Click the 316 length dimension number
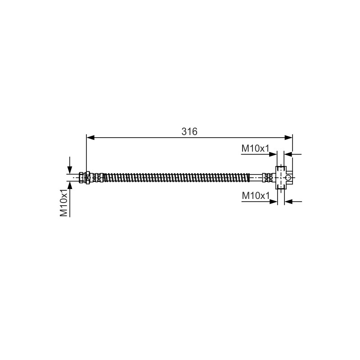pos(189,131)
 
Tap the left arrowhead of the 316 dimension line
pos(90,138)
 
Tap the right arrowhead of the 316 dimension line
pos(288,138)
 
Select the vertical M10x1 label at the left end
pos(64,203)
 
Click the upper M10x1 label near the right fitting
pos(255,148)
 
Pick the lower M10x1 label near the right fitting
pos(256,196)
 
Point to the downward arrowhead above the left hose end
pos(70,170)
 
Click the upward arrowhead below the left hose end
pos(70,185)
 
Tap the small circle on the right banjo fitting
pos(288,178)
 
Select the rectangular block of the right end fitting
pos(281,178)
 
